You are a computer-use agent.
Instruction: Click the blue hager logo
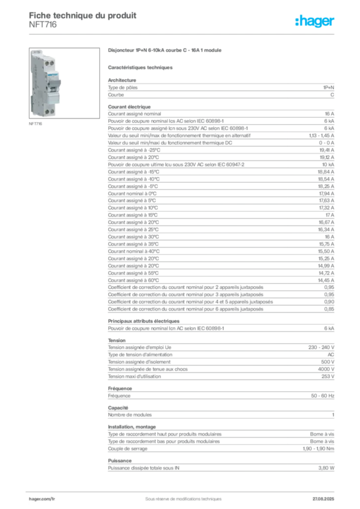315,22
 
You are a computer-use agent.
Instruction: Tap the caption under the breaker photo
36,124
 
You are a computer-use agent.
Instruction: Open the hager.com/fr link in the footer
42,497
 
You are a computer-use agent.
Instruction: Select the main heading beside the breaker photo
165,51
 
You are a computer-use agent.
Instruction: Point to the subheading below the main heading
141,67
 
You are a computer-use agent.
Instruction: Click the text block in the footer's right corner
324,497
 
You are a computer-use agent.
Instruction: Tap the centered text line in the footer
180,496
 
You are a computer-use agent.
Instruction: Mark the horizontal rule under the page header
183,34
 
